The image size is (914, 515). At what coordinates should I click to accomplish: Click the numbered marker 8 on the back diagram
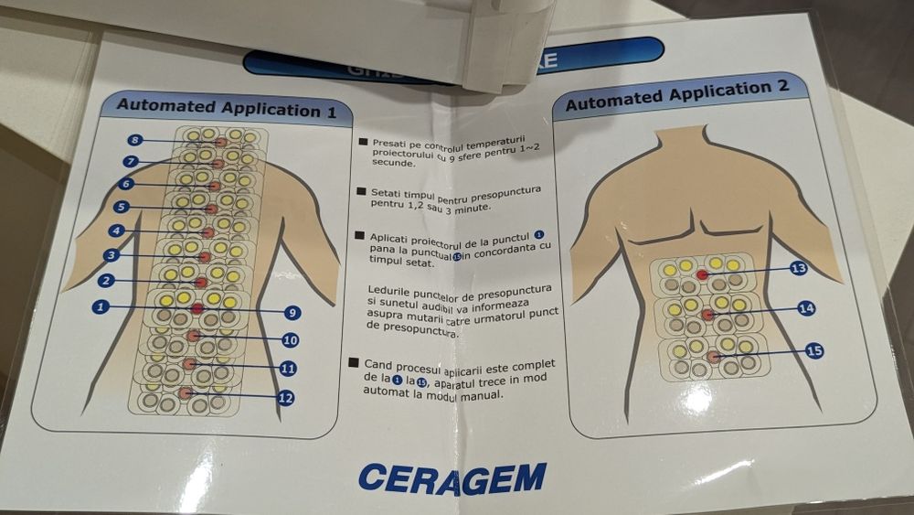coord(134,140)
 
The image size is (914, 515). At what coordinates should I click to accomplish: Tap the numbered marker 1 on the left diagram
coord(101,306)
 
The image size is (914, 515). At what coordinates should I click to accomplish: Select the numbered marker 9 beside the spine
coord(292,313)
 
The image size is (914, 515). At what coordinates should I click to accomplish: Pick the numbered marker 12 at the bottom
coord(285,398)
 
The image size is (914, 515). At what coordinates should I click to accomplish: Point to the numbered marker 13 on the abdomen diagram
coord(798,269)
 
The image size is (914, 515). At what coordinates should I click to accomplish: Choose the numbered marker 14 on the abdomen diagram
coord(805,308)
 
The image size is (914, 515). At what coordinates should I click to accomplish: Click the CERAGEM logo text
coord(452,477)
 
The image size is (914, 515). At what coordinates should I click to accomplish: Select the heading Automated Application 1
coord(232,110)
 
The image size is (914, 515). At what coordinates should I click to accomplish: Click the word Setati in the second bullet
coord(388,193)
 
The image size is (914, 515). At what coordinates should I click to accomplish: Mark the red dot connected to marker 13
coord(702,274)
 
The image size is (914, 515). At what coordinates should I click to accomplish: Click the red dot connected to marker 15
coord(713,356)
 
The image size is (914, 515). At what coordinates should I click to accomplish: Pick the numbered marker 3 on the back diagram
coord(112,255)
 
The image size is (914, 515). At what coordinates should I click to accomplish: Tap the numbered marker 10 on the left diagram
coord(290,340)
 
